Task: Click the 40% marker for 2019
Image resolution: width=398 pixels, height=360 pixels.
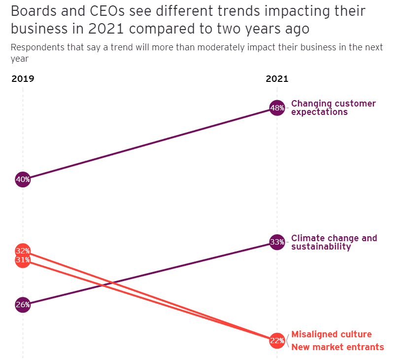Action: [x=23, y=180]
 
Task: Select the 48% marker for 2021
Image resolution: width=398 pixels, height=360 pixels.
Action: [x=277, y=108]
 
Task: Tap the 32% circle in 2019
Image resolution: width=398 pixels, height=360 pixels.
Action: [x=23, y=251]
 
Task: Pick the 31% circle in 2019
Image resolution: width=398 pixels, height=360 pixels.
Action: [x=23, y=260]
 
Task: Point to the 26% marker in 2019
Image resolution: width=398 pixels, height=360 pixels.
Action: [x=23, y=305]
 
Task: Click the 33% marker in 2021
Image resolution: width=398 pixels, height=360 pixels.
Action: [x=277, y=242]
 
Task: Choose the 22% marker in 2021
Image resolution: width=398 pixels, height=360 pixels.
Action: [x=277, y=340]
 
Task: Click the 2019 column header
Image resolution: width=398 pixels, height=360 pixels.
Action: [x=23, y=79]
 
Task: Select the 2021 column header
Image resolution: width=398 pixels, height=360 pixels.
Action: [x=277, y=79]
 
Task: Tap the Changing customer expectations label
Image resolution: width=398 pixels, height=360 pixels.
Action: [x=333, y=108]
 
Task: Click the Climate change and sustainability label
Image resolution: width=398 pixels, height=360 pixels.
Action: [x=334, y=242]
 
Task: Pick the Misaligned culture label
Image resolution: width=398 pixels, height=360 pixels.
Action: [x=332, y=334]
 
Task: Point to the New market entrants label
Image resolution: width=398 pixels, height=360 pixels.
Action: [x=337, y=347]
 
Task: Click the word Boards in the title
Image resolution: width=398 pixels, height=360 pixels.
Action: [x=32, y=11]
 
